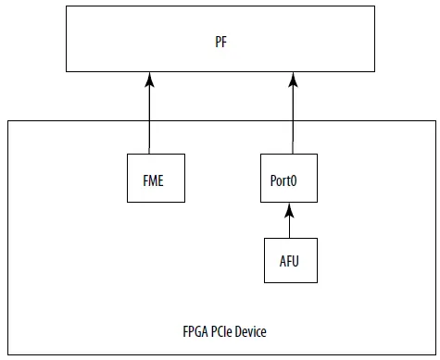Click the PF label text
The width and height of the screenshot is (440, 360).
[x=220, y=43]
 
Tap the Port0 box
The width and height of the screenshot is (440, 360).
[x=291, y=179]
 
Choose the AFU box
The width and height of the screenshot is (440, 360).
[x=291, y=261]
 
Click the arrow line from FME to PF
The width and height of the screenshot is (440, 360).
[x=149, y=116]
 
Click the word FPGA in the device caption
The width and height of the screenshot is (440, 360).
[x=195, y=331]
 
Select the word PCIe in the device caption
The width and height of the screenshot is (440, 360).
[x=224, y=331]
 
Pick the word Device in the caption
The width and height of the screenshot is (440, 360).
[x=255, y=331]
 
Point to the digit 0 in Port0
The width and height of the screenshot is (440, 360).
[x=303, y=179]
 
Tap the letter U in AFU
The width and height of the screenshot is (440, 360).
[x=299, y=261]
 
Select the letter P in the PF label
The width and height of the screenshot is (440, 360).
[x=217, y=43]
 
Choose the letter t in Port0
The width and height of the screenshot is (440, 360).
[x=296, y=179]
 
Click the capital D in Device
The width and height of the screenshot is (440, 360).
[x=243, y=331]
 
